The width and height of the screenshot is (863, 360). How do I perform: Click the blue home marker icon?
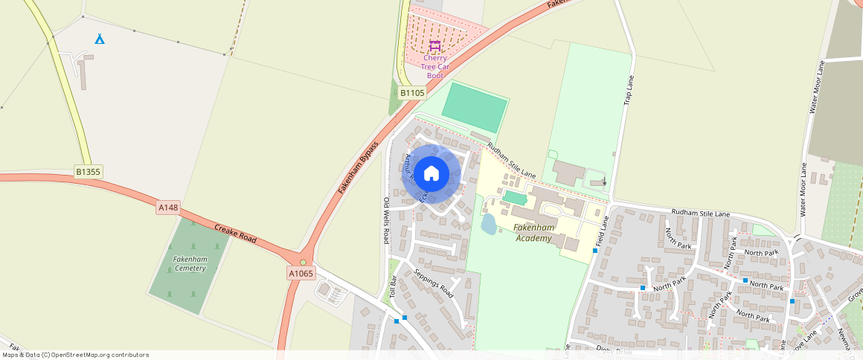(431, 173)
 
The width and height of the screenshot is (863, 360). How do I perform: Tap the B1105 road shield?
(411, 93)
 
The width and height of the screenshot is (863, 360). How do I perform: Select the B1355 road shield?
(88, 172)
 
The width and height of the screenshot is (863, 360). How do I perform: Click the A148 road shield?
(168, 208)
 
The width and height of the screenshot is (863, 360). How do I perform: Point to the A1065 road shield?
(301, 274)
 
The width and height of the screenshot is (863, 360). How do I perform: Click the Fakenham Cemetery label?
(190, 263)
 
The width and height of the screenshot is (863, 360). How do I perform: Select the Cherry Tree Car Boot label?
(434, 66)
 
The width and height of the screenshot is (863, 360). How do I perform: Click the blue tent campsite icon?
(100, 38)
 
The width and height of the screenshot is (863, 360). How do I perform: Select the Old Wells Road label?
(386, 221)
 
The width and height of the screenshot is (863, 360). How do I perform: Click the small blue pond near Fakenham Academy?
(489, 224)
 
